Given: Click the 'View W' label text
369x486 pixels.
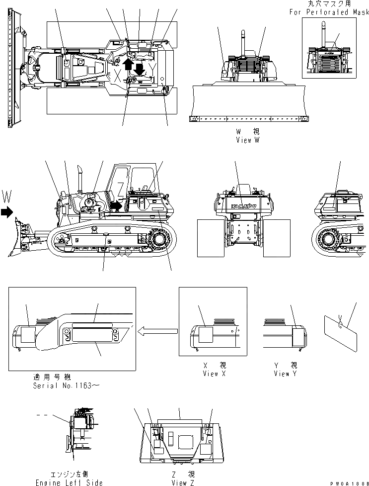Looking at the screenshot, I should click(248, 140).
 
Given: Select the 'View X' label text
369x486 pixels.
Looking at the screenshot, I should click(215, 374).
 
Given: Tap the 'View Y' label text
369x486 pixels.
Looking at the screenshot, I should click(285, 374).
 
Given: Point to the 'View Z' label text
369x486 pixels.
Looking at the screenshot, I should click(179, 483).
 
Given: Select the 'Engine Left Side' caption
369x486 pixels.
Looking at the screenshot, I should click(69, 483).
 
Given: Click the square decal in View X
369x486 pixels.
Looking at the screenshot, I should click(205, 333).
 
